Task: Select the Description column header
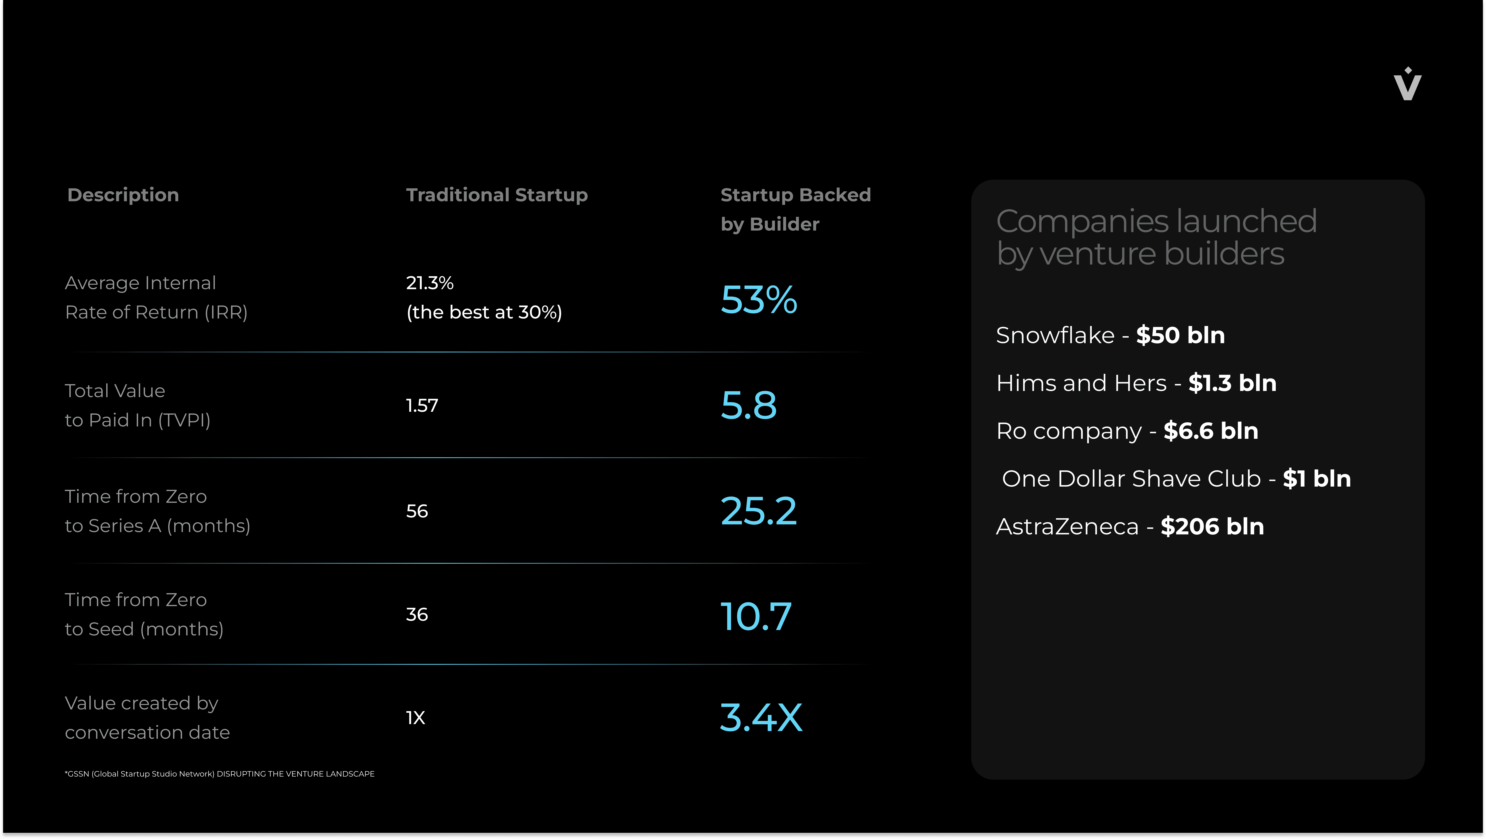coord(123,195)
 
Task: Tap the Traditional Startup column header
coord(497,195)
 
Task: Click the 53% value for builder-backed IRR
coord(759,299)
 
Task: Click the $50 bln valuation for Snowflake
coord(1180,335)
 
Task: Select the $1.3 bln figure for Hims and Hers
coord(1232,383)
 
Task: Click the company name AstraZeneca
coord(1067,527)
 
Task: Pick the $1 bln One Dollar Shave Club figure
coord(1316,479)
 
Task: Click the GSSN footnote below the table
coord(220,774)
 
